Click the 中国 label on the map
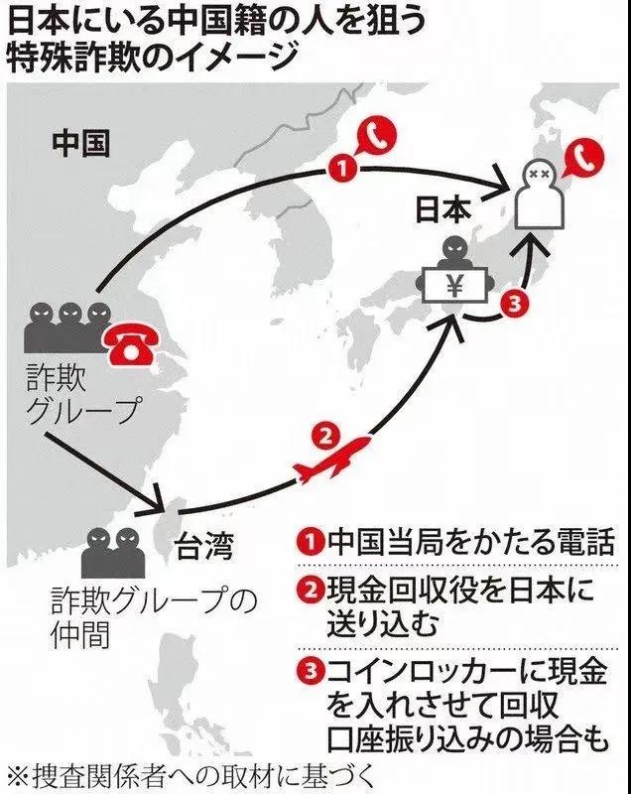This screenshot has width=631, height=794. click(80, 143)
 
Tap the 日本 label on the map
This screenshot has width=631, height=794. click(442, 209)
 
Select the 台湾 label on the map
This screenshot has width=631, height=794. click(204, 547)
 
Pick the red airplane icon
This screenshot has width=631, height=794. click(330, 460)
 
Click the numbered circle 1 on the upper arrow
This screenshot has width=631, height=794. click(343, 168)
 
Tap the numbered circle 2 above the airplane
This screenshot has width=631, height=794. click(326, 437)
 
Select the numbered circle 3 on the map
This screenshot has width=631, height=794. click(514, 305)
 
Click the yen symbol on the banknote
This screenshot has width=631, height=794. click(455, 287)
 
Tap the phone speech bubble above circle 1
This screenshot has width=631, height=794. click(375, 135)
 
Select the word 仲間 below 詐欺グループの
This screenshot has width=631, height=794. click(80, 633)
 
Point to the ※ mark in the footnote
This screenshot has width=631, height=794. click(19, 776)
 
